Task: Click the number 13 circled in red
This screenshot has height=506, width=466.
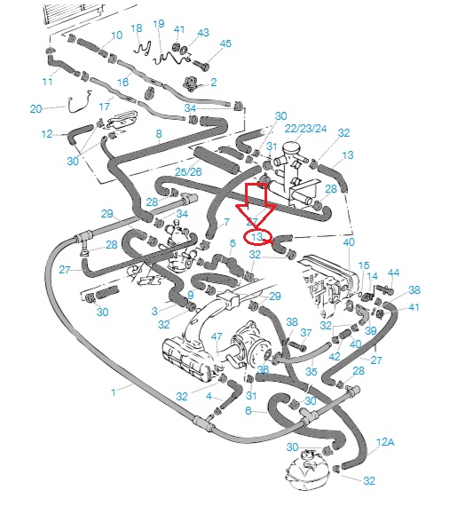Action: pos(257,237)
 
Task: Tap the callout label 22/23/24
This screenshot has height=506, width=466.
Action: pos(305,129)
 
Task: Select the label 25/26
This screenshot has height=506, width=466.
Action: pos(188,171)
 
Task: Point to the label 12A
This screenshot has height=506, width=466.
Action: pos(385,442)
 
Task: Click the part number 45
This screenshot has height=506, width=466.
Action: pos(225,43)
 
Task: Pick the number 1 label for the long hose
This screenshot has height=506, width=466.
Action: pos(114,392)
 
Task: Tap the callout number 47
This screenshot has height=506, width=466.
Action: pos(217,336)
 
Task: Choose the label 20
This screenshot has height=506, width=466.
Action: pos(36,108)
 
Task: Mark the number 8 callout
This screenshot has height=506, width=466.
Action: pos(159,133)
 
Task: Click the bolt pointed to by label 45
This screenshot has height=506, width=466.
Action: pos(201,65)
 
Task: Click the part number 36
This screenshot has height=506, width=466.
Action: pos(263,370)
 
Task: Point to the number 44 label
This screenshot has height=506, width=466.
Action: pos(393,273)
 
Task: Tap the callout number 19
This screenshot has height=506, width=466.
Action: pos(159,24)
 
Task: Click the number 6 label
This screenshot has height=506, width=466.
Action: pos(249,410)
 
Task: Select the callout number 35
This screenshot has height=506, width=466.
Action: pos(311,371)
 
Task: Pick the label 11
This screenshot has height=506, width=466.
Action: pos(47,82)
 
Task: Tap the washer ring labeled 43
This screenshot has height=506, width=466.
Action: pos(184,51)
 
